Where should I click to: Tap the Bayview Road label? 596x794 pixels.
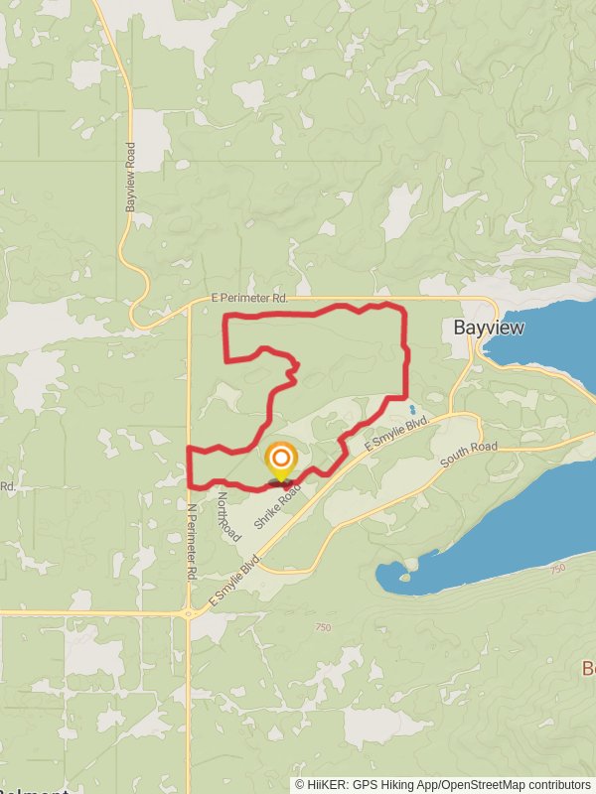point(130,177)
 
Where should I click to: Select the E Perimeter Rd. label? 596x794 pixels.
point(249,298)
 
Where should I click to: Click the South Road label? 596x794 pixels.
point(469,449)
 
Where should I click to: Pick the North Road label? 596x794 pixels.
point(226,516)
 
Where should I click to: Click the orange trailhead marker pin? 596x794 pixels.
point(281,460)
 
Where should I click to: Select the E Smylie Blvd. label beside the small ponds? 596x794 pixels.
point(396,434)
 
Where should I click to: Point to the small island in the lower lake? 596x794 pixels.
point(405,577)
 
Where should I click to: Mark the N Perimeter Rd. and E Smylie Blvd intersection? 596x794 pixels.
point(189,613)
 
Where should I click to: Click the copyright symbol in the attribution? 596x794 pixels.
point(299,784)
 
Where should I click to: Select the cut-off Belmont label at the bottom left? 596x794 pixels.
point(34,790)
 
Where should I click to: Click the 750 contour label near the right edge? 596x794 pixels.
point(555,567)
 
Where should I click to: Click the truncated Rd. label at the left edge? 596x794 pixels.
point(6,486)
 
